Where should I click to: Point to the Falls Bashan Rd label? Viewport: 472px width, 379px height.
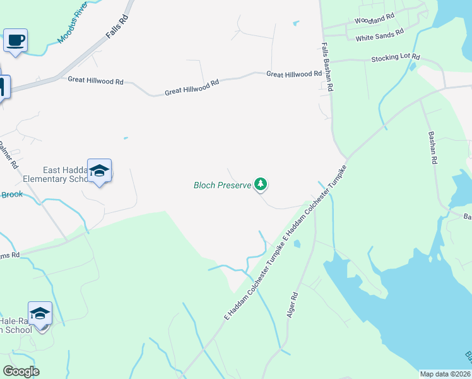pyautogui.click(x=327, y=68)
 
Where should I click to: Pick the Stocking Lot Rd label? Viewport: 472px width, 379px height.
pyautogui.click(x=396, y=57)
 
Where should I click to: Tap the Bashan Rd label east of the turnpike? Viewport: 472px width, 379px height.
pyautogui.click(x=432, y=148)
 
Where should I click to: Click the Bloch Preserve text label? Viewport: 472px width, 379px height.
pyautogui.click(x=221, y=185)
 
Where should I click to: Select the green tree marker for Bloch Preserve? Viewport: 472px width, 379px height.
pyautogui.click(x=261, y=184)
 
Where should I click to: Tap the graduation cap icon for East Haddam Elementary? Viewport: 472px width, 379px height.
pyautogui.click(x=99, y=171)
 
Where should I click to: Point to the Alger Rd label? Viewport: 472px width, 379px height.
pyautogui.click(x=293, y=304)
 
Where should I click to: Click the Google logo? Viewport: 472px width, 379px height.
pyautogui.click(x=21, y=371)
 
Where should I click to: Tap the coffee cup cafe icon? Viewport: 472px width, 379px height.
pyautogui.click(x=16, y=41)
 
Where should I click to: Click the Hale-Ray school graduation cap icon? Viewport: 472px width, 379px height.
pyautogui.click(x=40, y=314)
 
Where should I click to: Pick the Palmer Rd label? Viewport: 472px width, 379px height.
pyautogui.click(x=6, y=152)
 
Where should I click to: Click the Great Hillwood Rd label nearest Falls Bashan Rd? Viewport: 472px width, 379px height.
pyautogui.click(x=294, y=74)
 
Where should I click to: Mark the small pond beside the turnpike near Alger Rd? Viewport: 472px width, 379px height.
pyautogui.click(x=297, y=243)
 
